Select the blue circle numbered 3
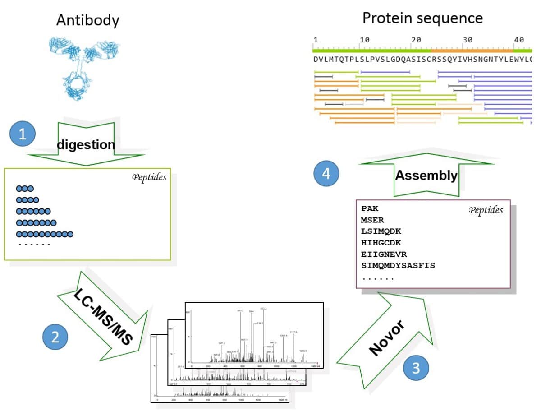(415, 368)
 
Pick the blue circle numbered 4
(327, 175)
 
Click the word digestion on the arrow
(86, 145)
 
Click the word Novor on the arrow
(387, 338)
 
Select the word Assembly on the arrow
(426, 175)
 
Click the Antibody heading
(87, 20)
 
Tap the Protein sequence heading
(422, 18)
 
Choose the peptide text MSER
(372, 220)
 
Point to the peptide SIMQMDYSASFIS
(398, 266)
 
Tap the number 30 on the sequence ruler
(467, 40)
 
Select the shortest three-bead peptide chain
(24, 189)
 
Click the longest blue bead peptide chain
(44, 234)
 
